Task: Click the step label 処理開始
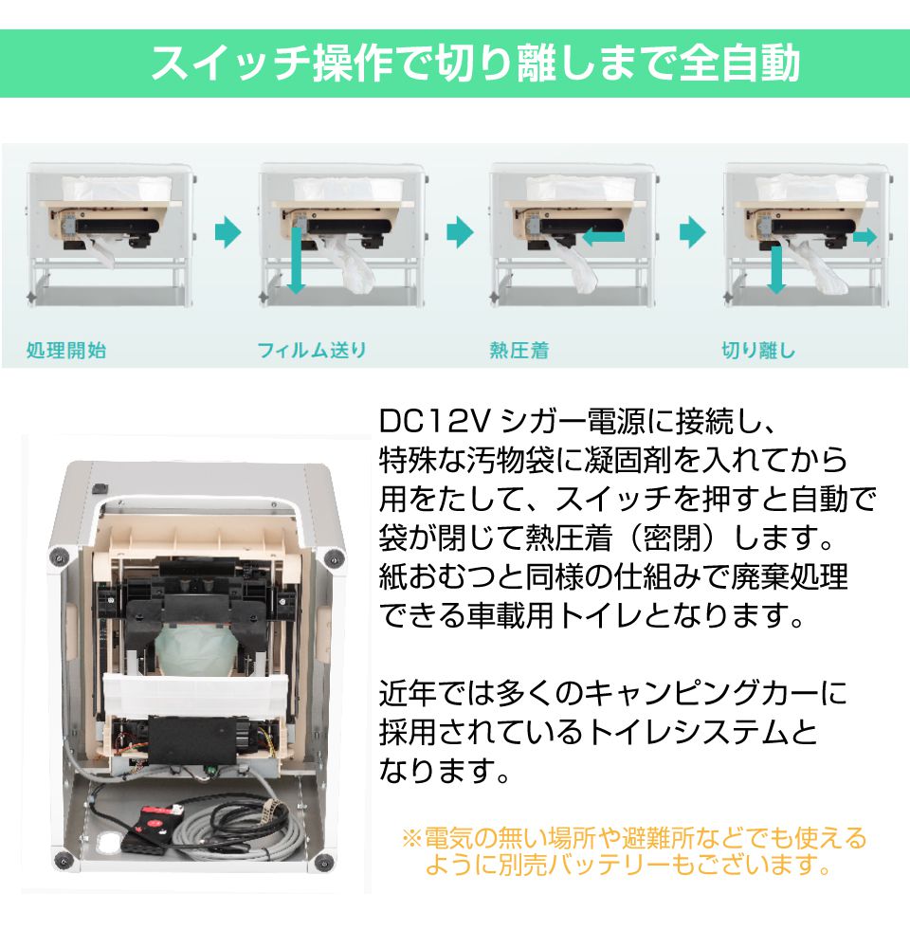pyautogui.click(x=66, y=351)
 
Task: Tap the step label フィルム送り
pyautogui.click(x=311, y=351)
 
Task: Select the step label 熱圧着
pyautogui.click(x=519, y=351)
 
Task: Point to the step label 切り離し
pyautogui.click(x=758, y=351)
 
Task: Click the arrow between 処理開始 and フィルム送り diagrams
pyautogui.click(x=227, y=232)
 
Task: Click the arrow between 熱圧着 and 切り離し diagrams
pyautogui.click(x=693, y=232)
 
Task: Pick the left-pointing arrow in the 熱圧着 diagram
pyautogui.click(x=602, y=237)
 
